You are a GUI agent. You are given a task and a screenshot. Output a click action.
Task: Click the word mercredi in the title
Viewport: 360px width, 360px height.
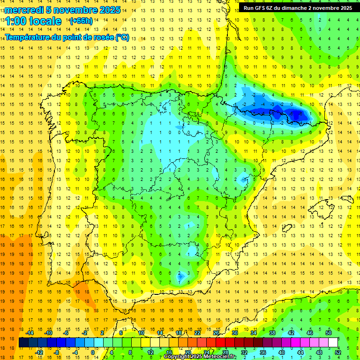click(24, 10)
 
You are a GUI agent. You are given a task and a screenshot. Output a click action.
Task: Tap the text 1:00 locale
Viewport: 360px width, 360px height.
click(33, 21)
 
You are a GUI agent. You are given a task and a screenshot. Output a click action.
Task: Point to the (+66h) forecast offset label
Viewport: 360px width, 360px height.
click(81, 21)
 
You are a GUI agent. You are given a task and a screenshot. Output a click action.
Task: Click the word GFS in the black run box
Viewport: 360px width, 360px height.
click(260, 8)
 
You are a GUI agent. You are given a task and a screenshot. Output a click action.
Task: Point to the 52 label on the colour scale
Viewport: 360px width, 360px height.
click(338, 352)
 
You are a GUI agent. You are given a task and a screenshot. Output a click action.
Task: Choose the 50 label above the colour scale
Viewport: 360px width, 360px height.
click(329, 333)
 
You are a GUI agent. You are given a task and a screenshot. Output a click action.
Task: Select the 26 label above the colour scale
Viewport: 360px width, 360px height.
click(216, 333)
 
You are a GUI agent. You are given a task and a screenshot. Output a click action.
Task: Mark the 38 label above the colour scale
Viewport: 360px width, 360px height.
click(272, 333)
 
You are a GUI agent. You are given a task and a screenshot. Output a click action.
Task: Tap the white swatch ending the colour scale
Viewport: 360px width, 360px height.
click(333, 342)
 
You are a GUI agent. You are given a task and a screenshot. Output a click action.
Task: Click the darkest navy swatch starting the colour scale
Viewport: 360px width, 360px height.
click(23, 342)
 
